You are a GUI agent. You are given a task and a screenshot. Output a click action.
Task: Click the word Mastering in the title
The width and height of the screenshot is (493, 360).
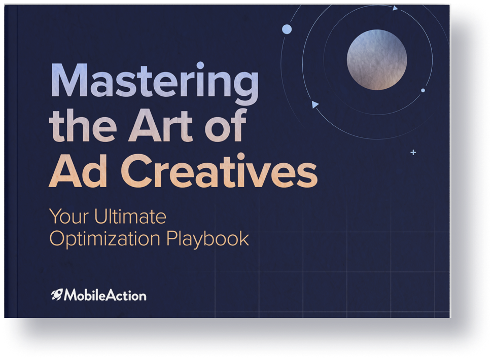click(x=154, y=82)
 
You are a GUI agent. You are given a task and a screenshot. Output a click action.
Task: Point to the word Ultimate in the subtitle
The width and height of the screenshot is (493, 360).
click(x=130, y=217)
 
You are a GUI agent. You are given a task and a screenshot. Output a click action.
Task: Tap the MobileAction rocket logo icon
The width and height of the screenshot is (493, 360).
click(x=57, y=295)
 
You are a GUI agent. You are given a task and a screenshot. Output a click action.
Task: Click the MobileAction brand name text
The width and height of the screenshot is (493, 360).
click(x=105, y=295)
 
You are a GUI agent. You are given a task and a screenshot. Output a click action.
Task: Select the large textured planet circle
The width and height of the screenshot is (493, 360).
click(x=377, y=60)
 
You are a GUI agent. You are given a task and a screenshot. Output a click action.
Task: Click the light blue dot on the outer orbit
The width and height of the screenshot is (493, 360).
click(x=287, y=29)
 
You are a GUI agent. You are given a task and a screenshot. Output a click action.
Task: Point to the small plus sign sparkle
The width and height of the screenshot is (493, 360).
click(x=413, y=153)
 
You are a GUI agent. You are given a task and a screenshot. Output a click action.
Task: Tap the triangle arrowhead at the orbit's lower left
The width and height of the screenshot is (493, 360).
click(x=314, y=104)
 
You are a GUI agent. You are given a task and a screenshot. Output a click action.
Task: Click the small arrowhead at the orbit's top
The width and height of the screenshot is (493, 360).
click(x=395, y=8)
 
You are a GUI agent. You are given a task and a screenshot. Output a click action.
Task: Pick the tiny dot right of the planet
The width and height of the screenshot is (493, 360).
click(x=423, y=90)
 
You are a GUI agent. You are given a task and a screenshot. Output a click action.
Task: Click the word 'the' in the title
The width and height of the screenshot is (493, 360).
click(x=83, y=125)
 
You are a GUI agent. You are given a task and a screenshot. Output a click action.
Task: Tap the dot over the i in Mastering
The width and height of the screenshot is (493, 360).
click(x=200, y=65)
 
